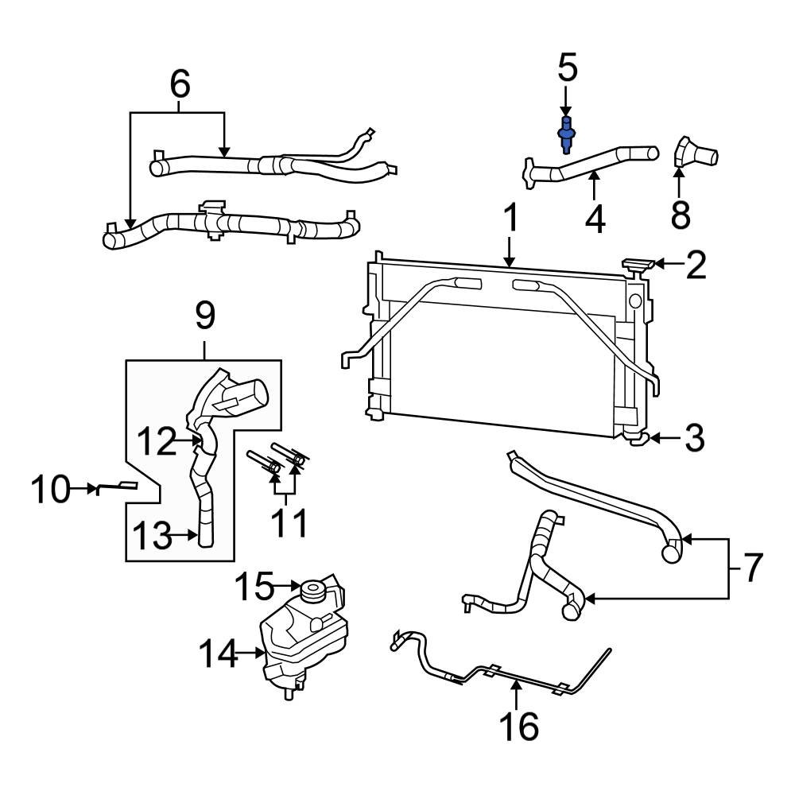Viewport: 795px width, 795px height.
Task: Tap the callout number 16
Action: (x=518, y=725)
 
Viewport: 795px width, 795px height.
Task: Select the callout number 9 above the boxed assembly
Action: (x=204, y=316)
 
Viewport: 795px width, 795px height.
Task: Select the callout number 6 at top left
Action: (x=180, y=83)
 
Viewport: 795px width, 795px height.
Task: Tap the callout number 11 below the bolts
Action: (x=287, y=524)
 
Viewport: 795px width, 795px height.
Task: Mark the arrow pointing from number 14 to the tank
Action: (x=253, y=653)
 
